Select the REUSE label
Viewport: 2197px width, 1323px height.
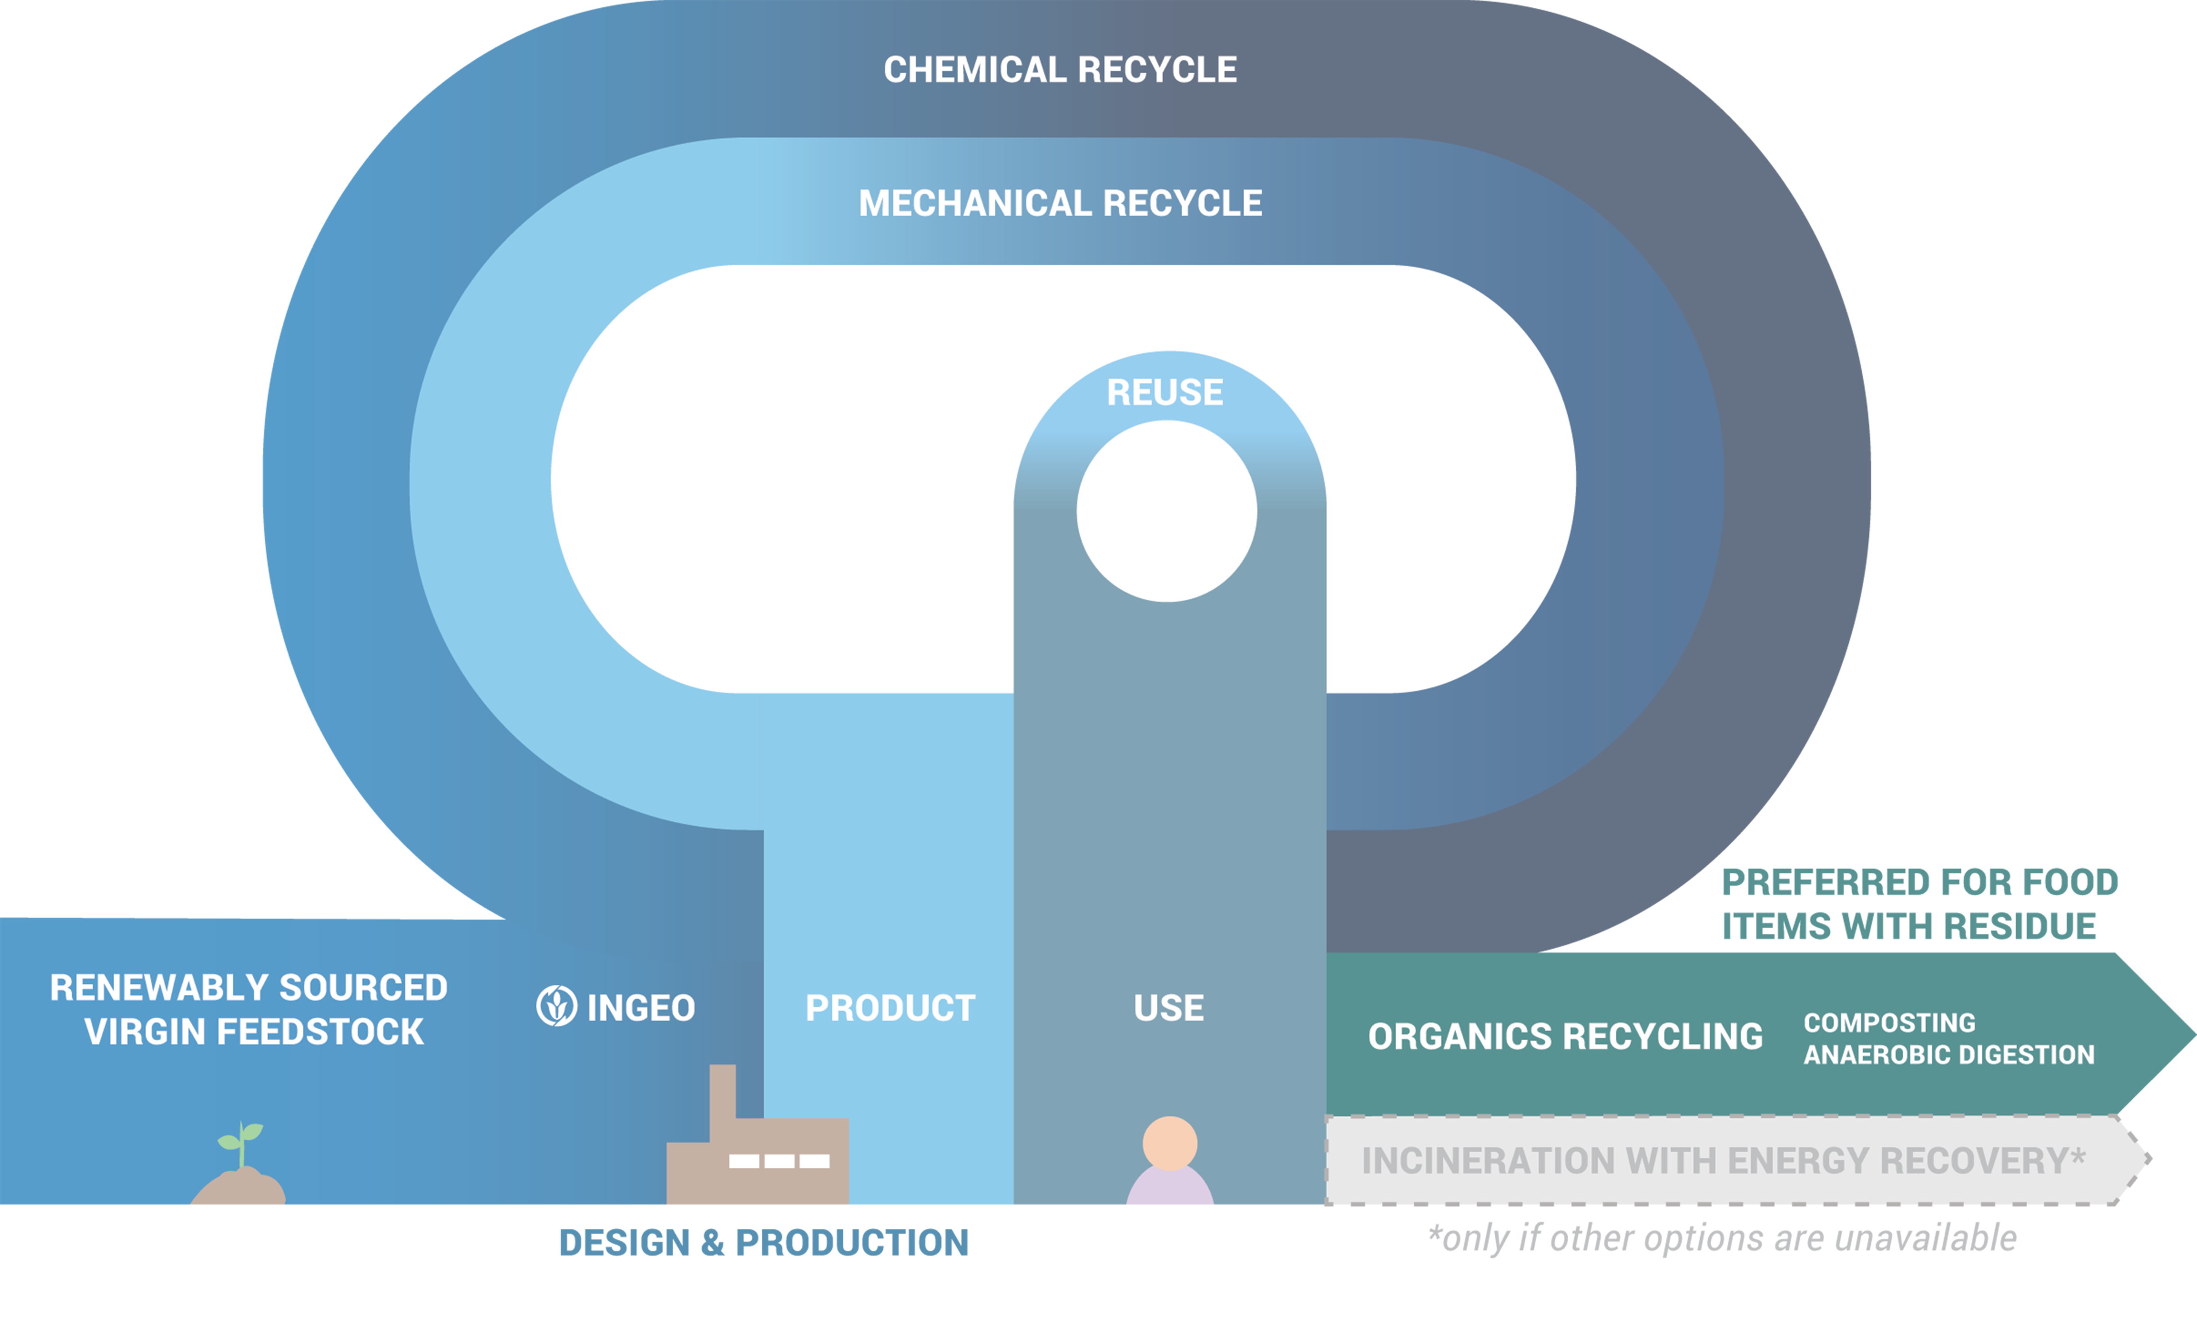pyautogui.click(x=1165, y=392)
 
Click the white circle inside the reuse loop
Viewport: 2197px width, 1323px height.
pyautogui.click(x=1167, y=511)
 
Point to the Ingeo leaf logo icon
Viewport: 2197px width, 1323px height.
pyautogui.click(x=556, y=1007)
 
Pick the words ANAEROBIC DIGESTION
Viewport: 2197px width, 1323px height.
pyautogui.click(x=1948, y=1055)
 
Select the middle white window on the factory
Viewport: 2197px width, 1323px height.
pyautogui.click(x=779, y=1161)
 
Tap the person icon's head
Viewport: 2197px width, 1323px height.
pyautogui.click(x=1170, y=1143)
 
